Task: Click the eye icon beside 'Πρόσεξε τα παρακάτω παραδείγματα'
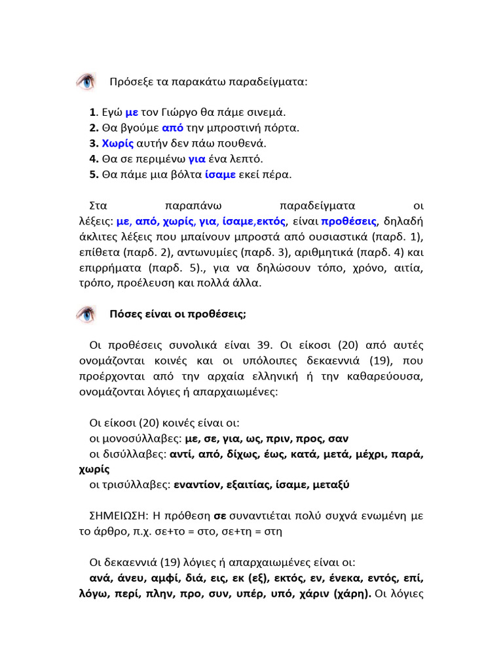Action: click(85, 82)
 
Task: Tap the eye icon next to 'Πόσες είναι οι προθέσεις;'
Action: click(85, 314)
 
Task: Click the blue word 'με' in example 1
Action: click(131, 112)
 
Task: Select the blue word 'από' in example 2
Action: click(172, 128)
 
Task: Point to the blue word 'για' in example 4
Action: click(197, 159)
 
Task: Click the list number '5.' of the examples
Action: click(94, 175)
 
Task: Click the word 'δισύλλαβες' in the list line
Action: click(133, 454)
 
